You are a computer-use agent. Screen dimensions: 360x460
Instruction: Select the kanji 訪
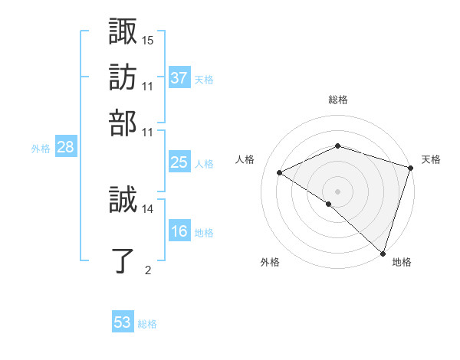click(x=123, y=77)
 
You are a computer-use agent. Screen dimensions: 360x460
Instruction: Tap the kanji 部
click(x=123, y=123)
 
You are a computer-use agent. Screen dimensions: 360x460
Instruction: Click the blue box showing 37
click(x=179, y=77)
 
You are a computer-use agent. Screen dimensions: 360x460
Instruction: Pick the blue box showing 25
click(x=179, y=162)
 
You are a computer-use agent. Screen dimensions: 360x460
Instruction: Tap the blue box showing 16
click(x=179, y=231)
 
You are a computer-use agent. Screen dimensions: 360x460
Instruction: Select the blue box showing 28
click(x=66, y=148)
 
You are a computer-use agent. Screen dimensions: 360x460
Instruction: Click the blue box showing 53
click(x=123, y=322)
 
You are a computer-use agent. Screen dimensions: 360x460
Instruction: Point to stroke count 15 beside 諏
click(x=148, y=40)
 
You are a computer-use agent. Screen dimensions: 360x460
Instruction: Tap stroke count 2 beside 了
click(x=147, y=269)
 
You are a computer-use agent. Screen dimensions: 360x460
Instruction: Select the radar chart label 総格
click(x=338, y=100)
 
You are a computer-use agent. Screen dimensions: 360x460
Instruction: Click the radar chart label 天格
click(x=431, y=159)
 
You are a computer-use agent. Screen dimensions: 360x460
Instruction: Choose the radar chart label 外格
click(x=270, y=262)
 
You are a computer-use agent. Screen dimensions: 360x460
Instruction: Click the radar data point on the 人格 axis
click(x=280, y=172)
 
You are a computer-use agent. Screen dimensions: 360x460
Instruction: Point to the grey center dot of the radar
click(x=338, y=191)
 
